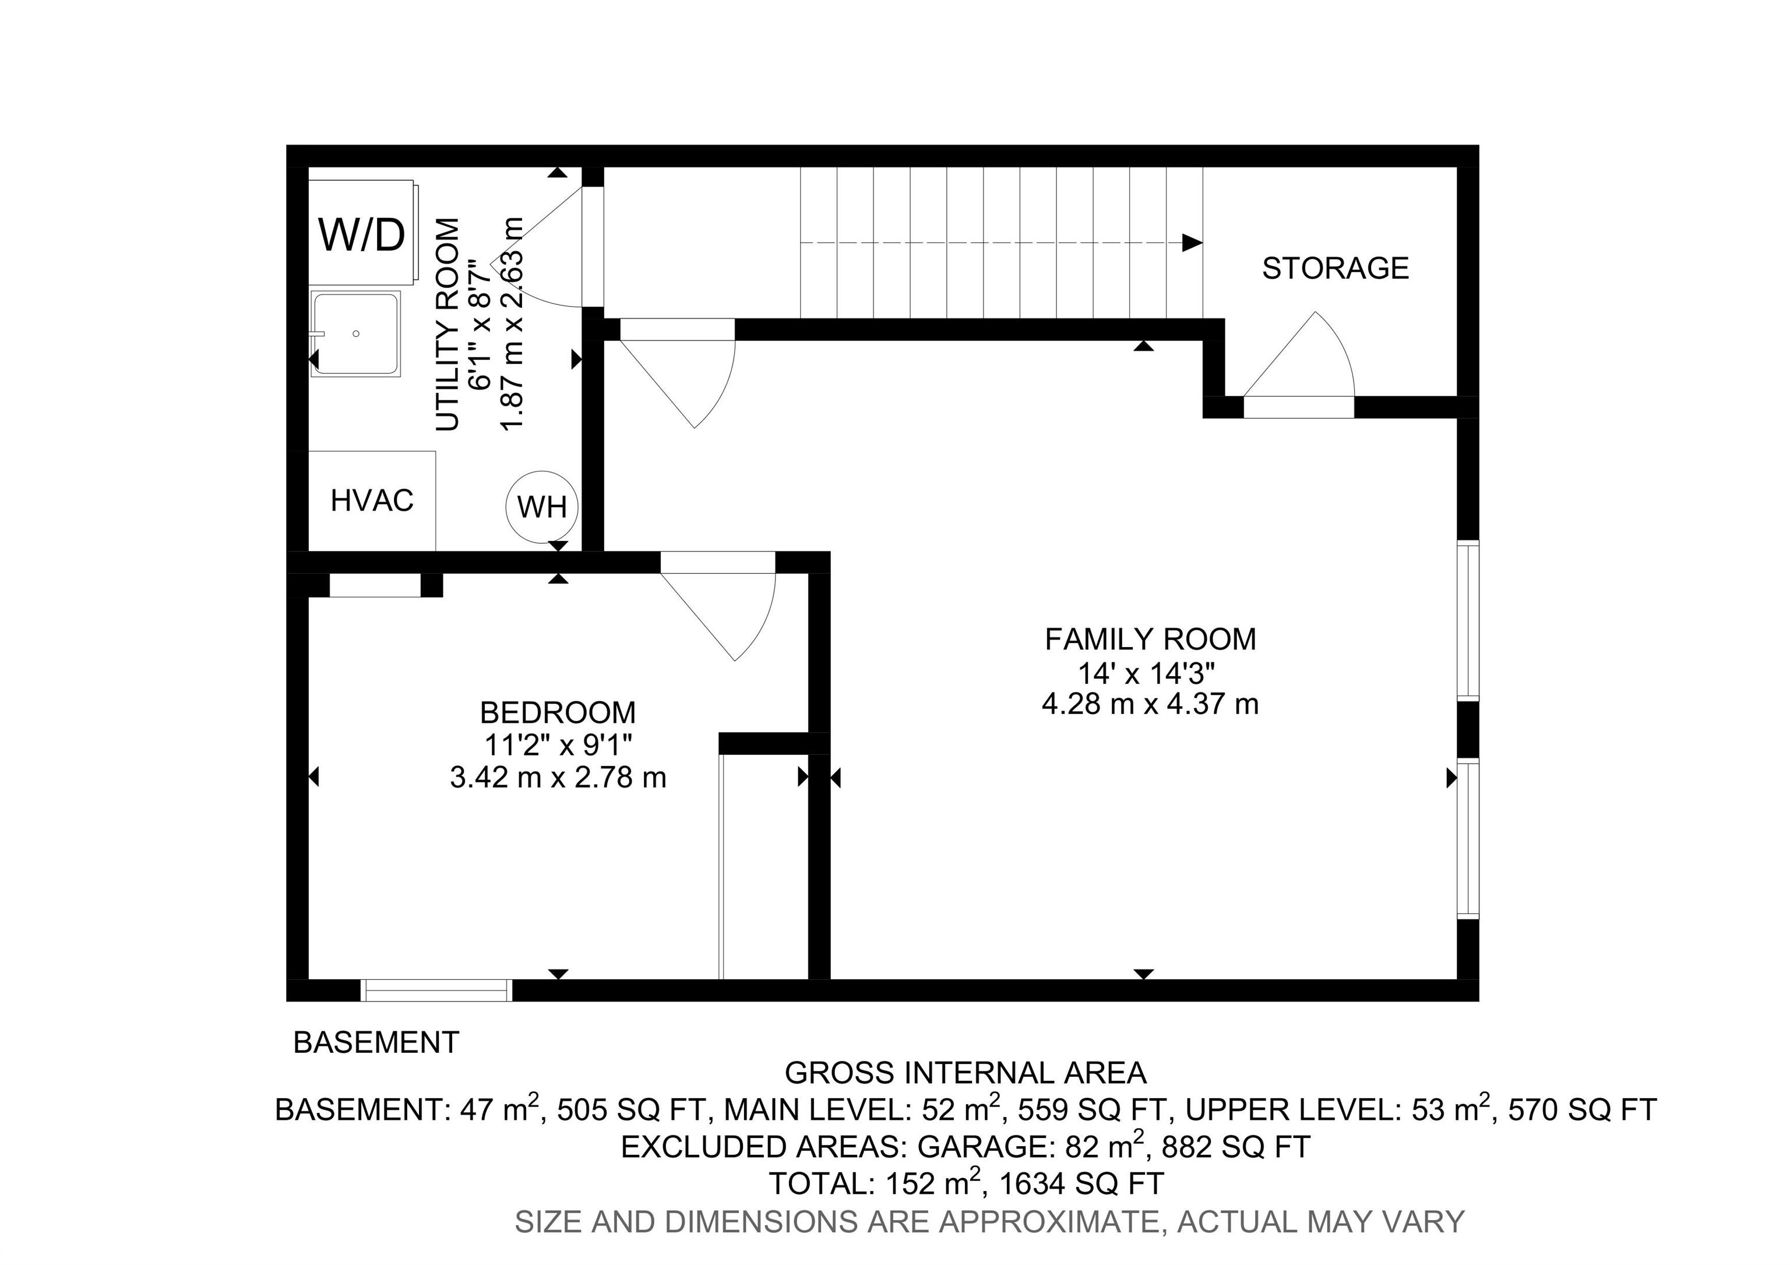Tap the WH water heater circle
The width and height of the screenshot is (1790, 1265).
point(542,507)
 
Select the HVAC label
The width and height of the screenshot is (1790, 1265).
point(372,501)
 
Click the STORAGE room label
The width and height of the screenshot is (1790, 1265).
point(1335,268)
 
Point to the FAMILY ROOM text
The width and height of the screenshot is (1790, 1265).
point(1150,639)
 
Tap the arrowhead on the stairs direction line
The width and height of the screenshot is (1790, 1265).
point(1191,243)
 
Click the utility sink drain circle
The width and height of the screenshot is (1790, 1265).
point(356,334)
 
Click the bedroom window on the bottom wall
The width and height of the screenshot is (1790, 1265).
point(436,990)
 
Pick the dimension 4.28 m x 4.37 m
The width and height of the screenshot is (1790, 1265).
point(1150,704)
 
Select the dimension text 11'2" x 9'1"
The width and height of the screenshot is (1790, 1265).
point(558,746)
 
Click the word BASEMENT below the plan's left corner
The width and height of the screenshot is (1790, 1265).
point(376,1043)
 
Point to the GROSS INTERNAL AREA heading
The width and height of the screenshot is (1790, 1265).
point(965,1073)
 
